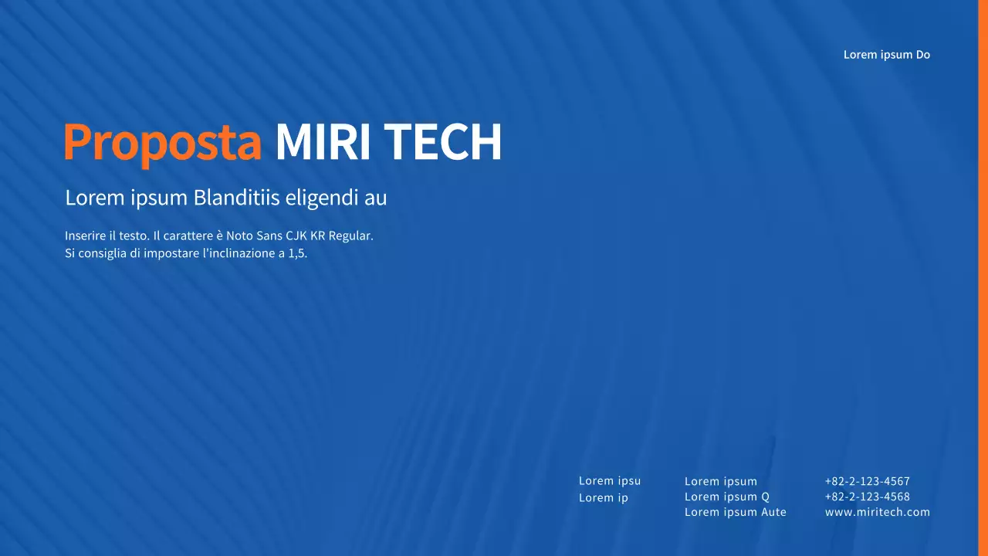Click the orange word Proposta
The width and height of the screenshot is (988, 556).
[163, 142]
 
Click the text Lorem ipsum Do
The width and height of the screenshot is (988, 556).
[886, 55]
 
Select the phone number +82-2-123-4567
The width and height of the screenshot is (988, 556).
[867, 481]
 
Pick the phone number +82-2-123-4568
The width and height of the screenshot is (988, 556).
[867, 497]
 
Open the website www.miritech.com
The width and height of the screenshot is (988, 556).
[877, 512]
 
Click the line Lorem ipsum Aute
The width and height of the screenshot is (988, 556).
[735, 512]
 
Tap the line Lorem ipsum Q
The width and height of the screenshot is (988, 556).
[726, 497]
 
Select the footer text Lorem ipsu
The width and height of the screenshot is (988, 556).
[609, 480]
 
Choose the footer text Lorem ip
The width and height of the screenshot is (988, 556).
[603, 497]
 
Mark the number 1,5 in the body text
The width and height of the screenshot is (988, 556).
[297, 253]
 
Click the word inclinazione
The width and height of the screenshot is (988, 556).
[238, 253]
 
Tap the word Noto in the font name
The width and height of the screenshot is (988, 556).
[239, 236]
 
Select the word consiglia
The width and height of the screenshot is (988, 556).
[101, 253]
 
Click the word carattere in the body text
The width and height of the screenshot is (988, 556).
[188, 236]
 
